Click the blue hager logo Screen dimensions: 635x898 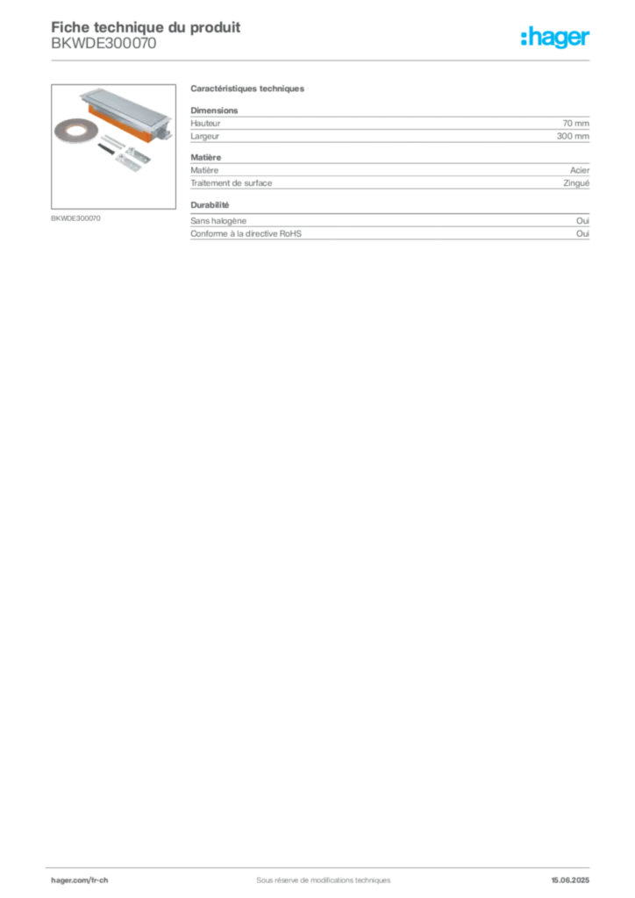click(x=557, y=39)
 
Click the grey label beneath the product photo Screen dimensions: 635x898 click(x=77, y=217)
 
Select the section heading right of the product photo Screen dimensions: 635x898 click(x=248, y=91)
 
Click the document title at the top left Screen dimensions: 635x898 click(x=145, y=25)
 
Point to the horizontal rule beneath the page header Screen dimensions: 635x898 click(x=323, y=60)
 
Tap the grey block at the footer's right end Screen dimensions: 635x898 click(x=576, y=875)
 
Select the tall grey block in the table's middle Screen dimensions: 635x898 click(x=389, y=178)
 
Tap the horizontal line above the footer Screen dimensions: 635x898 click(x=323, y=864)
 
